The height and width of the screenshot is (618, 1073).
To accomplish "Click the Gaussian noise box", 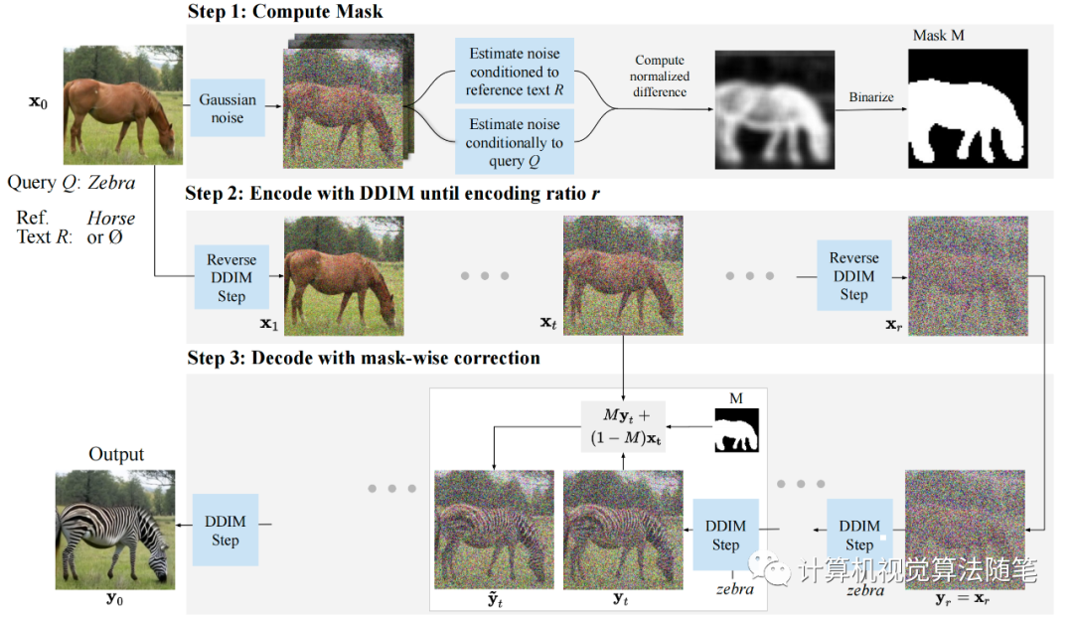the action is pyautogui.click(x=228, y=108).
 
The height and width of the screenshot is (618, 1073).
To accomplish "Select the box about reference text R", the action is pyautogui.click(x=515, y=72).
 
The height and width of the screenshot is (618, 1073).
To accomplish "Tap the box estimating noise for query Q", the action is pyautogui.click(x=515, y=142).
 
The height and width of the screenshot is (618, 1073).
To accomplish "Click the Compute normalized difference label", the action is pyautogui.click(x=660, y=76).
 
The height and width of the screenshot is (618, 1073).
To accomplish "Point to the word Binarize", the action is pyautogui.click(x=871, y=97).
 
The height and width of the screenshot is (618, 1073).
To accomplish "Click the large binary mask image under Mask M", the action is pyautogui.click(x=968, y=108).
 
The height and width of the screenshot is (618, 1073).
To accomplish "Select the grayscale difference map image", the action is pyautogui.click(x=775, y=109).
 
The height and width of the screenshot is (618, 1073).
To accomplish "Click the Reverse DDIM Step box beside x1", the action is pyautogui.click(x=231, y=277).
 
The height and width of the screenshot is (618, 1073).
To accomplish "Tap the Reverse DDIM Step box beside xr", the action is pyautogui.click(x=854, y=275).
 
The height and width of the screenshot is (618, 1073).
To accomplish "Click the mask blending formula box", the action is pyautogui.click(x=623, y=426).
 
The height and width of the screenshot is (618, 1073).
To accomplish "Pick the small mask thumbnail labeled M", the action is pyautogui.click(x=737, y=430).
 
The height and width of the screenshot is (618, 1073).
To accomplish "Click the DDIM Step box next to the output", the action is pyautogui.click(x=226, y=530).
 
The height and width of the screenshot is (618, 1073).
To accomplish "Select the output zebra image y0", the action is pyautogui.click(x=115, y=530).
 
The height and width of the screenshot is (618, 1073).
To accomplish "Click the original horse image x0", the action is pyautogui.click(x=123, y=104).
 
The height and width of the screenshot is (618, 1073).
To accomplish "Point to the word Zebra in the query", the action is pyautogui.click(x=111, y=183).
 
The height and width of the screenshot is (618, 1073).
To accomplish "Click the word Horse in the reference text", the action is pyautogui.click(x=111, y=219).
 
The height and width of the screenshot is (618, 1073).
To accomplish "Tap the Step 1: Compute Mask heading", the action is pyautogui.click(x=285, y=12).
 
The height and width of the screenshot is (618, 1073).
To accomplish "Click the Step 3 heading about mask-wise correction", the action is pyautogui.click(x=364, y=358).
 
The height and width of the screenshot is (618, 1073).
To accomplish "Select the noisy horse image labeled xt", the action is pyautogui.click(x=623, y=275).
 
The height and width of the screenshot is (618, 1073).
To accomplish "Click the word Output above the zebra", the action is pyautogui.click(x=116, y=454).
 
